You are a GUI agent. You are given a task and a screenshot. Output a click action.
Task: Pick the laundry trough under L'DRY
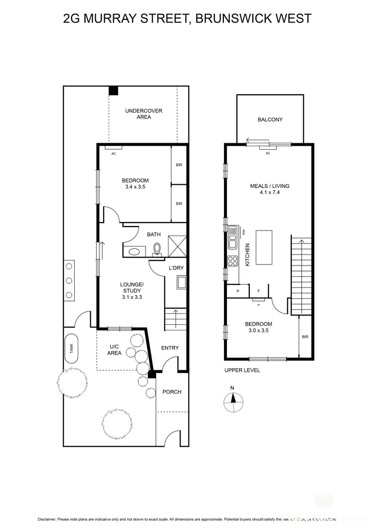point(181,283)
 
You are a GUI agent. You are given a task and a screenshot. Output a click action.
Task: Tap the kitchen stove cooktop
point(233,261)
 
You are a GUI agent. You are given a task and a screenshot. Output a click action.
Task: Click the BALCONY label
point(270,120)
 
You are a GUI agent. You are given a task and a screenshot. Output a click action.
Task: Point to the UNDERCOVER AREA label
point(144,114)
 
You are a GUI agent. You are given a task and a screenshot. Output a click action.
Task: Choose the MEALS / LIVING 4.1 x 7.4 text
point(269,190)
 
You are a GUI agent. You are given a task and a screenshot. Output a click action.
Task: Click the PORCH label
point(172,392)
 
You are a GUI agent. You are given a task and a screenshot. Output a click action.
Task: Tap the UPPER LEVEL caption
point(242,370)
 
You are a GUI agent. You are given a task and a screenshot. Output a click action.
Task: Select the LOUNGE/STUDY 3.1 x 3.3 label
point(132,290)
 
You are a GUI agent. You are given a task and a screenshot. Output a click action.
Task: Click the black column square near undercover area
point(114,90)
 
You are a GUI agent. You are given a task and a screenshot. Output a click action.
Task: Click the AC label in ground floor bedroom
point(113,154)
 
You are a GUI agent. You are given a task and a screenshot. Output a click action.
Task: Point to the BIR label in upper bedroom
point(305,337)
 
